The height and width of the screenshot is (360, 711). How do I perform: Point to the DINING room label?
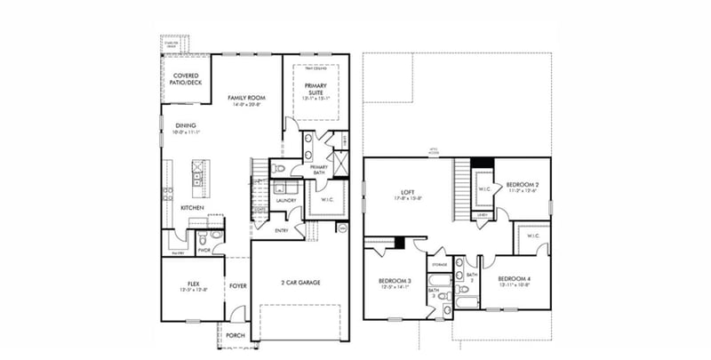point(186,125)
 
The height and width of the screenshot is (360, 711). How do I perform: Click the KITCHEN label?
point(193,207)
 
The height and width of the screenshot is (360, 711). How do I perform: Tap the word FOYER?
point(237,286)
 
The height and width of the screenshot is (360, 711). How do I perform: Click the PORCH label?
point(236,335)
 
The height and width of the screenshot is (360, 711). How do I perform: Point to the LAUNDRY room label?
point(285,201)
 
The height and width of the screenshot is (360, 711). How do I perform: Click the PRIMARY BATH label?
point(319,170)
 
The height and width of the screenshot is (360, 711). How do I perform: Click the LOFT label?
point(409,191)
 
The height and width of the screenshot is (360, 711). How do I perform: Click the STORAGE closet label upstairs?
point(439,264)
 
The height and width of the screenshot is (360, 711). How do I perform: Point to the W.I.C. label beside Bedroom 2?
point(485,188)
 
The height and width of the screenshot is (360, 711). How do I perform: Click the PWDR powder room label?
point(204,250)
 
